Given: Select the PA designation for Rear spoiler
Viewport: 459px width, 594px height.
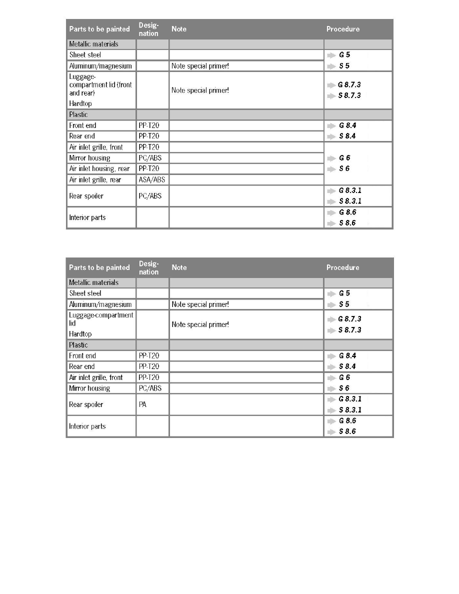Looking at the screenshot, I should pyautogui.click(x=143, y=404).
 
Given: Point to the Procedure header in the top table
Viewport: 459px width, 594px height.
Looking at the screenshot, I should pyautogui.click(x=342, y=29).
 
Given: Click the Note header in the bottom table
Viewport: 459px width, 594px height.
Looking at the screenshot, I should pyautogui.click(x=179, y=267).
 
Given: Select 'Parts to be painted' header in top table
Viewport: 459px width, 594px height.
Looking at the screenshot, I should pyautogui.click(x=99, y=29).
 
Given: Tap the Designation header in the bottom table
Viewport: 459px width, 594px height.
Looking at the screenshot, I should pyautogui.click(x=148, y=267).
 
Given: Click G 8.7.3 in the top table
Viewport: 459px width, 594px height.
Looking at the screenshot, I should pyautogui.click(x=349, y=85).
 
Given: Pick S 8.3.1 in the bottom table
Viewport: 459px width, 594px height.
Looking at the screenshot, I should pyautogui.click(x=350, y=410).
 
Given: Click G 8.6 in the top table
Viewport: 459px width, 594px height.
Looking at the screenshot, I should pyautogui.click(x=347, y=212).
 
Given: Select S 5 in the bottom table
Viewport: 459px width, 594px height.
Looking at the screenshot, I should pyautogui.click(x=344, y=304).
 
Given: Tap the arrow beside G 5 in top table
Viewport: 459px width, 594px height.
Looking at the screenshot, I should pyautogui.click(x=331, y=55).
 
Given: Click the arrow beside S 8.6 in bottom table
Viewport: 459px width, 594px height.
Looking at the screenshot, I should pyautogui.click(x=331, y=432).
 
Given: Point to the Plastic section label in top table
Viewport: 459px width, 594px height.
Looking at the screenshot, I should pyautogui.click(x=78, y=114).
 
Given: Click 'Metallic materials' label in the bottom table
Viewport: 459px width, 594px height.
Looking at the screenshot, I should pyautogui.click(x=93, y=282).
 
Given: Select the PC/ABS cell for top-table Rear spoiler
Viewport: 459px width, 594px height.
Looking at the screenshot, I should pyautogui.click(x=149, y=196).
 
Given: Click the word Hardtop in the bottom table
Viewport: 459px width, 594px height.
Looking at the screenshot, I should pyautogui.click(x=80, y=334).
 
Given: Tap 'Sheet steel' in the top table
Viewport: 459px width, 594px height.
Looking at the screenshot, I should pyautogui.click(x=85, y=55).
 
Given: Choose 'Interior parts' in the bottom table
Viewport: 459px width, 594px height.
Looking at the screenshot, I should pyautogui.click(x=87, y=426).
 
